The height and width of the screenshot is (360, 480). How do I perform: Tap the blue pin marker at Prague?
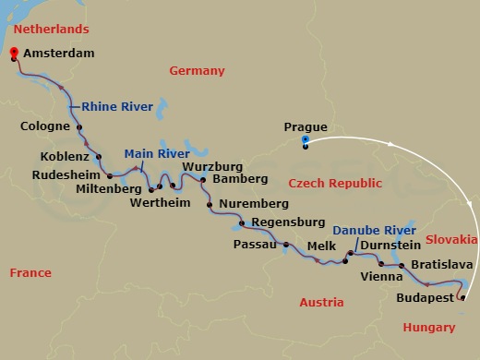coord(306,139)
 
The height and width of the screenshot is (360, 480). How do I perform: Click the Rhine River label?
coord(117,106)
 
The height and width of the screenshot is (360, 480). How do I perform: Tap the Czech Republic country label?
coord(329,184)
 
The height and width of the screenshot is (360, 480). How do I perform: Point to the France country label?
coord(30,272)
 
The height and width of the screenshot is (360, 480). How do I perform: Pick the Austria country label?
coord(322,302)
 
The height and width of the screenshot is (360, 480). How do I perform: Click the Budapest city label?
coord(424,298)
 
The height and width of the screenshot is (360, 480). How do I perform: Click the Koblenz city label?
coord(66,156)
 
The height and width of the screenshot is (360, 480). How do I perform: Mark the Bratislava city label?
coord(442,265)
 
